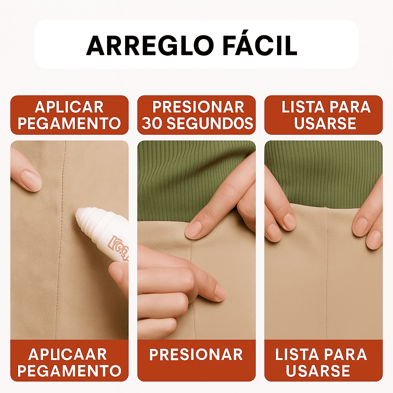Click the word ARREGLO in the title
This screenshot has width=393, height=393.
click(150, 46)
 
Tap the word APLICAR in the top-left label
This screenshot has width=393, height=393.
click(69, 107)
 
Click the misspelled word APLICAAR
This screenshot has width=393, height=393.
click(68, 354)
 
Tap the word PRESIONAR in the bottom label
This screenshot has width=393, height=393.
click(196, 354)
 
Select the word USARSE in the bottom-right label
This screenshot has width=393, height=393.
click(318, 371)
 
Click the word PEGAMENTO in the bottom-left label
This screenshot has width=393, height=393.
click(69, 371)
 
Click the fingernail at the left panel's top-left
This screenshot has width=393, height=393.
click(31, 180)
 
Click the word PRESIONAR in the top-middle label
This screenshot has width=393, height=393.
click(198, 107)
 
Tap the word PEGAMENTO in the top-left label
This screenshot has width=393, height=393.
click(69, 123)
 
